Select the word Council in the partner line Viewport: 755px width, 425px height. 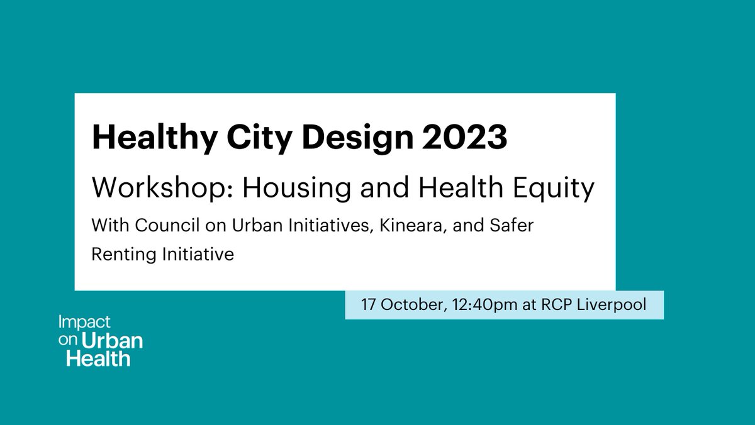click(x=150, y=225)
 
